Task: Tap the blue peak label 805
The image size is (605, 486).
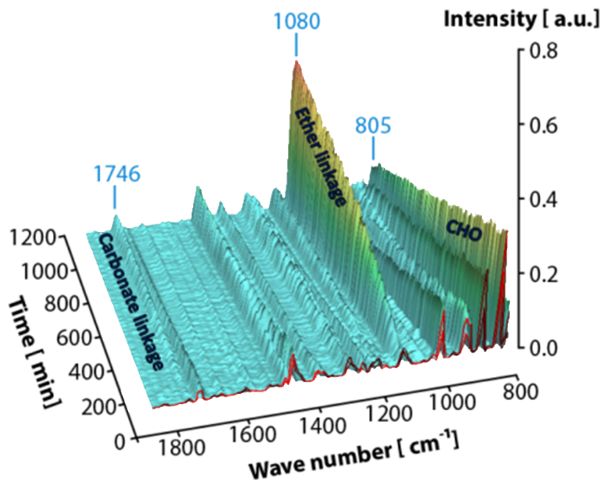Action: pyautogui.click(x=373, y=127)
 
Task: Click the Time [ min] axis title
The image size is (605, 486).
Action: pyautogui.click(x=33, y=354)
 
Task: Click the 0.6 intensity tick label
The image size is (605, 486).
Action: pyautogui.click(x=542, y=125)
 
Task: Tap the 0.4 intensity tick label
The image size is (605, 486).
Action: pyautogui.click(x=542, y=200)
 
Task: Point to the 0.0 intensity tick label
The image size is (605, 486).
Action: pyautogui.click(x=542, y=347)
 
